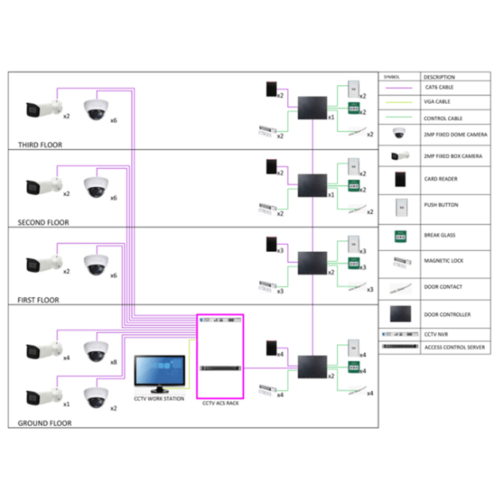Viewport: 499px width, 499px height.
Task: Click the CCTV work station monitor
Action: tap(159, 371)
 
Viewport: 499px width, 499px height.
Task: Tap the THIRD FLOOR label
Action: tap(40, 145)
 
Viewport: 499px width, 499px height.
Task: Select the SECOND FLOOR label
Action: tap(43, 222)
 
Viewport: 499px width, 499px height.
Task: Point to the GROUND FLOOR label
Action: tap(44, 423)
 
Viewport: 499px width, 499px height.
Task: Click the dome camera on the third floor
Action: tap(96, 110)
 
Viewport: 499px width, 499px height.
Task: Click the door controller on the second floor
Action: tap(312, 185)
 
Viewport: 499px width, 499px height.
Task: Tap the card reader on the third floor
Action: tap(271, 89)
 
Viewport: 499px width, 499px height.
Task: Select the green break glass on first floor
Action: tap(354, 263)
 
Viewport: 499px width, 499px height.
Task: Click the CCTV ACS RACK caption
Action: tap(220, 403)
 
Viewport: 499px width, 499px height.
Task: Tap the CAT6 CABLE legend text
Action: tap(439, 87)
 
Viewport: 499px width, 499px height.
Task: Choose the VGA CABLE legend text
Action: tap(437, 101)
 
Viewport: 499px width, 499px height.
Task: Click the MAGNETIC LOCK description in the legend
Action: tap(443, 261)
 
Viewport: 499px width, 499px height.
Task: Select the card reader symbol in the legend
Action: tap(400, 179)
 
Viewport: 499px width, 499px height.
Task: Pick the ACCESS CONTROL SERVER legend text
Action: tap(454, 347)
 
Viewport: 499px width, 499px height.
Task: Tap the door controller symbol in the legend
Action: tap(400, 314)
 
